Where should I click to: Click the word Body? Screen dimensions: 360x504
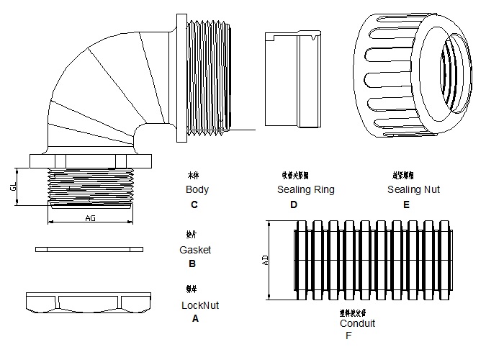click(x=197, y=190)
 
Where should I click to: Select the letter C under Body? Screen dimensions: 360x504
click(x=194, y=204)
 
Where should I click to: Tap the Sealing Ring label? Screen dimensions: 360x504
click(x=305, y=190)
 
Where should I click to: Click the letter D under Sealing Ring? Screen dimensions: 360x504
click(x=293, y=204)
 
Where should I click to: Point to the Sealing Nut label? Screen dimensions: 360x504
click(x=413, y=190)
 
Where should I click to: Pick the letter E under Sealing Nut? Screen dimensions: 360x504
click(x=406, y=204)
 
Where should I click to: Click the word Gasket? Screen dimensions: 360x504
click(x=195, y=250)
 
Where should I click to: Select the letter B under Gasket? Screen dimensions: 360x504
click(x=192, y=264)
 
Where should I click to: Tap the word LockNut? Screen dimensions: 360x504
click(x=200, y=305)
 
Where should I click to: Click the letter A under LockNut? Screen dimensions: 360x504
click(x=195, y=318)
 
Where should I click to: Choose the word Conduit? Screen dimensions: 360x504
click(x=357, y=324)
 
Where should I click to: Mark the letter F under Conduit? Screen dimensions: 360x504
click(x=348, y=336)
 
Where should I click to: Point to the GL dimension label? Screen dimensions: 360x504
click(x=13, y=186)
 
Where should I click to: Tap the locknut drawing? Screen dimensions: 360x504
click(x=90, y=302)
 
